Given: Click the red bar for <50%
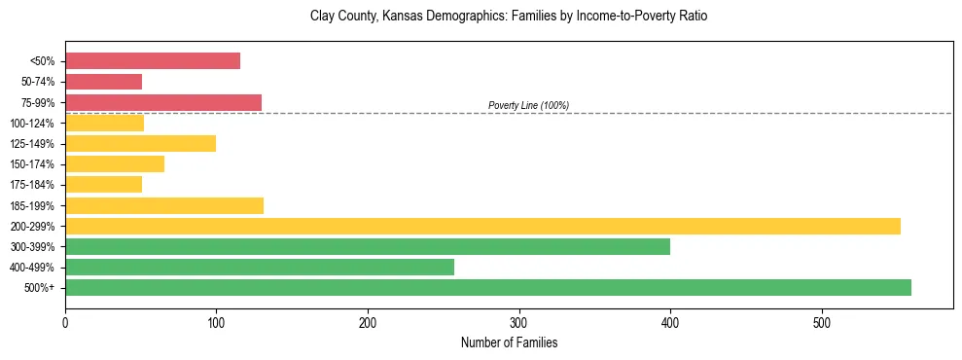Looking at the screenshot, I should [153, 61].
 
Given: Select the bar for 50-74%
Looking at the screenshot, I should [104, 82].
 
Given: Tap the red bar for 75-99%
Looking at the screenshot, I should [163, 102].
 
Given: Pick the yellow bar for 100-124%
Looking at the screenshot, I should [105, 123].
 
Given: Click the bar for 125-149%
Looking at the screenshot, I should [141, 144].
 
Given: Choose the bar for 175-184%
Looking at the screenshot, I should [104, 185].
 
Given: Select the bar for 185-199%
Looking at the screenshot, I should [164, 205].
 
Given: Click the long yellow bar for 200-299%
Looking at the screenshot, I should [482, 226].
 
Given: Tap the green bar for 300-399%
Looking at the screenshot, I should [368, 246].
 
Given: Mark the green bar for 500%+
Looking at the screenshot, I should [488, 287].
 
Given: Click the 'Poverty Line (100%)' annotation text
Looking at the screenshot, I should [528, 105].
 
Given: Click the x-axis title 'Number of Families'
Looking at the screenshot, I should [509, 342].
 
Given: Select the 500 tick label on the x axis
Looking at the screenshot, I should [822, 322].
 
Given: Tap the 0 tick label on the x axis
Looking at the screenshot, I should [65, 322].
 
